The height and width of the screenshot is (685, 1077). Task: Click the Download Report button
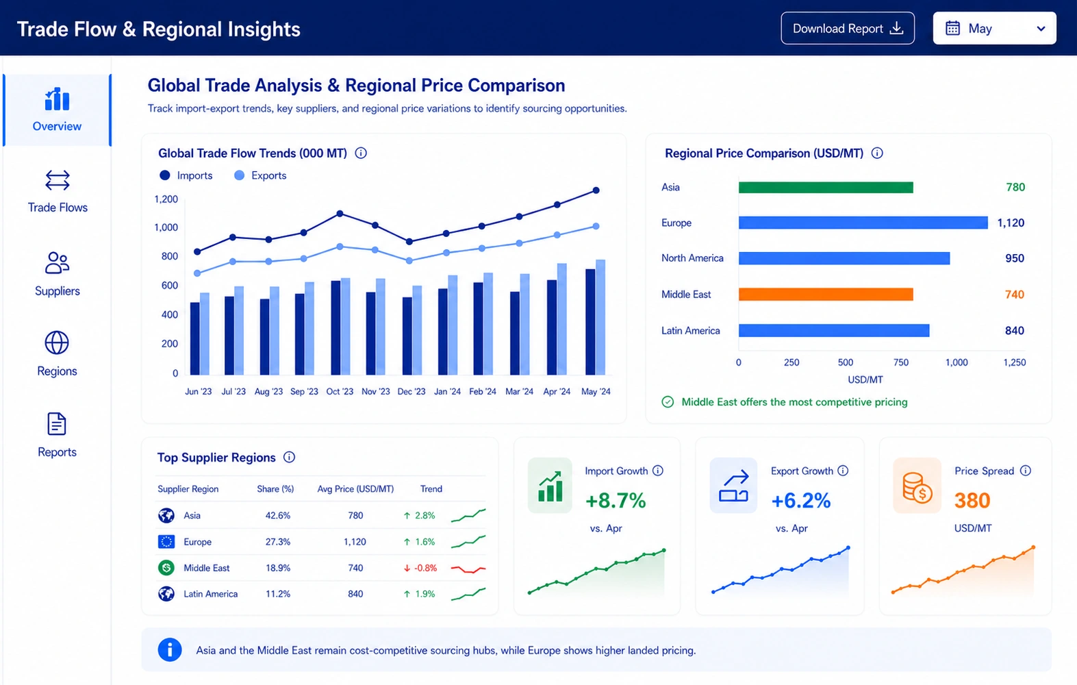(x=847, y=28)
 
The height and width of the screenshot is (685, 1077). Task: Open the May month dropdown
(x=994, y=28)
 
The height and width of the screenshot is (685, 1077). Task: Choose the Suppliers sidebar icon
(x=58, y=262)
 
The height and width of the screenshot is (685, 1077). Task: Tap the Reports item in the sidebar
(x=58, y=435)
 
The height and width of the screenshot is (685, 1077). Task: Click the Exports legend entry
(x=260, y=175)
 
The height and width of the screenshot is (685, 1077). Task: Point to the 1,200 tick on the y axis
(x=166, y=199)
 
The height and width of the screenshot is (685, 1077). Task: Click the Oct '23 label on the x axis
(x=340, y=392)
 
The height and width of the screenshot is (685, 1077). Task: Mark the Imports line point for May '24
(x=596, y=190)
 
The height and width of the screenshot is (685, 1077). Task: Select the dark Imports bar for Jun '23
(x=194, y=338)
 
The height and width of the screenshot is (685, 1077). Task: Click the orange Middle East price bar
(x=826, y=294)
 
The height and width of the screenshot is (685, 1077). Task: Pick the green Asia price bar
(x=826, y=187)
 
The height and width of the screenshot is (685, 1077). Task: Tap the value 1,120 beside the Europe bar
(x=1011, y=223)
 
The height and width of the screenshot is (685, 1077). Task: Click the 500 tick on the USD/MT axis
(x=846, y=362)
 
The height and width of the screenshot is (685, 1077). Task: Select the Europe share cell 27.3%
(x=278, y=542)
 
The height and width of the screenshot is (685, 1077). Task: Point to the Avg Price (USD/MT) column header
(x=355, y=488)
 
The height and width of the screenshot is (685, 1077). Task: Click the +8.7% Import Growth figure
(x=616, y=500)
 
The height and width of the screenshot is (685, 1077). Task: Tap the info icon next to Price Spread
(x=1025, y=471)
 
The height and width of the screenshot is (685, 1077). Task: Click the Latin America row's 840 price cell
(x=355, y=594)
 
